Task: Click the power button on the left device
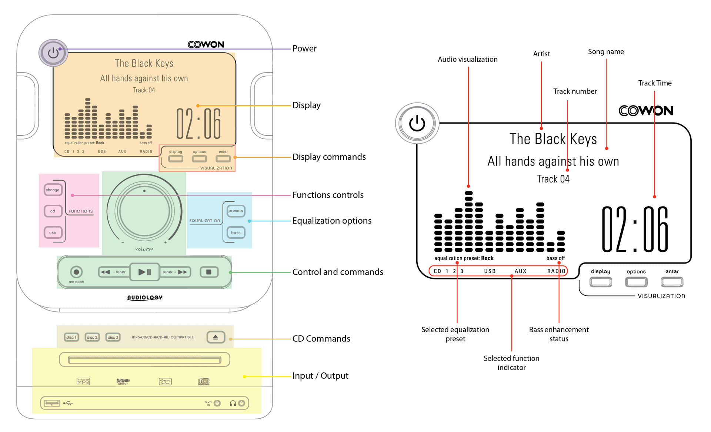click(x=53, y=53)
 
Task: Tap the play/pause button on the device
click(x=144, y=272)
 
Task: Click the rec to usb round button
click(x=76, y=272)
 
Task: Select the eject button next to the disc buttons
click(x=216, y=337)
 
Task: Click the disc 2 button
click(x=92, y=337)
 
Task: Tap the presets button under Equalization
click(x=236, y=211)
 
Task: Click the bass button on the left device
click(x=236, y=233)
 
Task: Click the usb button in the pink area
click(x=53, y=233)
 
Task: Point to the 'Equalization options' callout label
click(x=331, y=221)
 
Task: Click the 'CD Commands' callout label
click(x=321, y=339)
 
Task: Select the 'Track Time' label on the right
click(x=654, y=83)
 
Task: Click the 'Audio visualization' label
click(x=467, y=60)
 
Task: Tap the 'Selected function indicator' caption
click(x=511, y=363)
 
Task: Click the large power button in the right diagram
click(x=417, y=123)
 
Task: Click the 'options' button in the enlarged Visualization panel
click(x=636, y=282)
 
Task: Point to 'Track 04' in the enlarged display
click(x=553, y=179)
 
